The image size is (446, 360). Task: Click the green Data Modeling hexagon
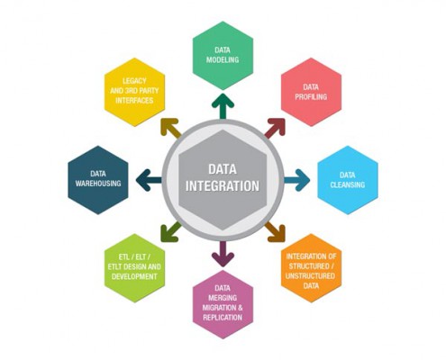[223, 56]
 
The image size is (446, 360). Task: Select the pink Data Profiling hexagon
[311, 92]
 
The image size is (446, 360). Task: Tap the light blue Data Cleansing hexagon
[348, 180]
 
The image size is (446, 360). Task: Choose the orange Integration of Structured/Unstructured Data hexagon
[311, 268]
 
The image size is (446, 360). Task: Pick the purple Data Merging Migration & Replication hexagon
[223, 304]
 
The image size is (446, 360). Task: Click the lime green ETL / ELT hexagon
[134, 268]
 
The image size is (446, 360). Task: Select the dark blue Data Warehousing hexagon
[98, 180]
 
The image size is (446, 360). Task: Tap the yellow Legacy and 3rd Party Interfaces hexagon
[134, 92]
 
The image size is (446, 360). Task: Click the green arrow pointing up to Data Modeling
[223, 106]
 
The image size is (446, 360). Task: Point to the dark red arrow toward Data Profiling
[275, 128]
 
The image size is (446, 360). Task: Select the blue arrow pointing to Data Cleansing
[297, 180]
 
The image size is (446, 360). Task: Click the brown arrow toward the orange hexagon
[275, 232]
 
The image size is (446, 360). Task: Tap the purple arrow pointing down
[223, 254]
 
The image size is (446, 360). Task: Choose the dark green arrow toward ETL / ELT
[171, 232]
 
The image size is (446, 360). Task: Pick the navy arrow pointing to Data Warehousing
[149, 180]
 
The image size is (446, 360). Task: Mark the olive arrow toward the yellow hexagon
[171, 128]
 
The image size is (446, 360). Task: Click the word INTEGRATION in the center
[223, 186]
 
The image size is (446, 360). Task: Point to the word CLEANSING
[348, 184]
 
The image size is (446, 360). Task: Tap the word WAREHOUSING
[98, 184]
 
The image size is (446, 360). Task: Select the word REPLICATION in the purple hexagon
[223, 318]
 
